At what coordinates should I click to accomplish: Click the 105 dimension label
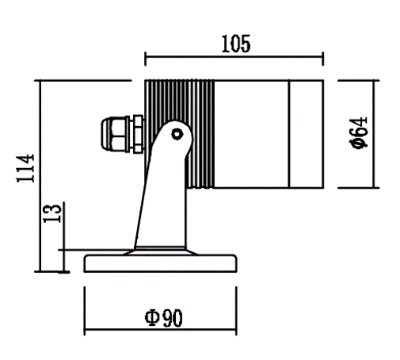pos(236,44)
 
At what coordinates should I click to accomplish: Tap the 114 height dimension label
pos(25,168)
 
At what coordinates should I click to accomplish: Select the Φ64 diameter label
pos(359,132)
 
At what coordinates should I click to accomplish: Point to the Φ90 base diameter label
pos(163,318)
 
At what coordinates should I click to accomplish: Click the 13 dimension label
pos(52,213)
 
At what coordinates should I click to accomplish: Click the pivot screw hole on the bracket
pos(177,134)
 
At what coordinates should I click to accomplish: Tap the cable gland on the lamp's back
pos(123,134)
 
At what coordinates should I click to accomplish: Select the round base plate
pos(160,263)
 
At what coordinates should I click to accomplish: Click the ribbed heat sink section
pos(180,134)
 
